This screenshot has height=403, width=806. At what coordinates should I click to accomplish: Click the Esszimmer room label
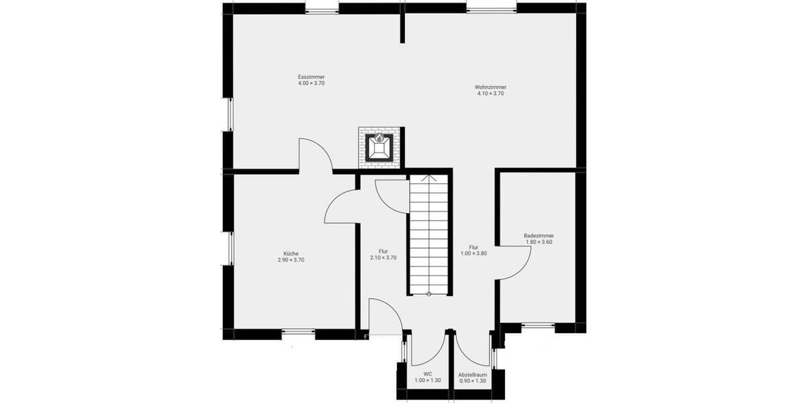[311, 77]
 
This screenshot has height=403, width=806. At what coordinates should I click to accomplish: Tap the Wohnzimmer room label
[490, 87]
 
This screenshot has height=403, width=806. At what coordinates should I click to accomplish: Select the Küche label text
[291, 253]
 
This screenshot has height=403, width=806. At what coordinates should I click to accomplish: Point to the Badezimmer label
[539, 236]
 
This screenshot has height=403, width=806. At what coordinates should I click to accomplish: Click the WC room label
[427, 374]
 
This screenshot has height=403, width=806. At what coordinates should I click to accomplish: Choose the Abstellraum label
[472, 374]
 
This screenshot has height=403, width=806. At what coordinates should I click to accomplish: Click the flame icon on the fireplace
[379, 138]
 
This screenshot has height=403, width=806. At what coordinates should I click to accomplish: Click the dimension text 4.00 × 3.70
[311, 83]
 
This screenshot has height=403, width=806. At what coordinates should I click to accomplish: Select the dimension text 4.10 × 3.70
[490, 94]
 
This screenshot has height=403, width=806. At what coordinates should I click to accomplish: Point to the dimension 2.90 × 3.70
[291, 260]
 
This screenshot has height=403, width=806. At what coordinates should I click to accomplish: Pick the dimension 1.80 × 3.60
[539, 242]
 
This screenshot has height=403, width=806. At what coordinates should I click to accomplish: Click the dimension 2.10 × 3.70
[384, 258]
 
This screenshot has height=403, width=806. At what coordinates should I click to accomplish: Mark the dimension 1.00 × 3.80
[474, 253]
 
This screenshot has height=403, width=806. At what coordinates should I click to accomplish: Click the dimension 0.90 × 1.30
[472, 381]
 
